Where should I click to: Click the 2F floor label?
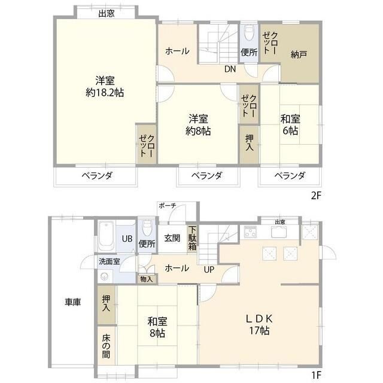coord(315,196)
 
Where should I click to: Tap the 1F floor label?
coord(317,375)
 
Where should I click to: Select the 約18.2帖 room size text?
coord(105,93)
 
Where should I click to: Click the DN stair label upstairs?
coord(230,69)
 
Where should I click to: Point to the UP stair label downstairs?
coord(209,270)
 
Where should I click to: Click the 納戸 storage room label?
coord(299,54)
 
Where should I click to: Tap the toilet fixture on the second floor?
coord(249,32)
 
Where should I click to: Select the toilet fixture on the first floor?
coord(147,227)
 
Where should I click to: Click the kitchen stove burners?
coord(250,232)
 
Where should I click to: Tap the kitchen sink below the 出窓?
coord(279,232)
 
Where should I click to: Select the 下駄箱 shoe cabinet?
coord(192,238)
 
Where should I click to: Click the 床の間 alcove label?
coord(106,346)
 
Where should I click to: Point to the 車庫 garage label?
coord(72,302)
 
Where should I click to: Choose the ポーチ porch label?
coord(168,206)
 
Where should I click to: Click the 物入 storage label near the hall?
coord(147,279)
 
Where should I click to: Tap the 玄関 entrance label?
coord(172,238)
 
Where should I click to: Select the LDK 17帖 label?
coord(259,324)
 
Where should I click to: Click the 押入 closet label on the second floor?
coord(249,142)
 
